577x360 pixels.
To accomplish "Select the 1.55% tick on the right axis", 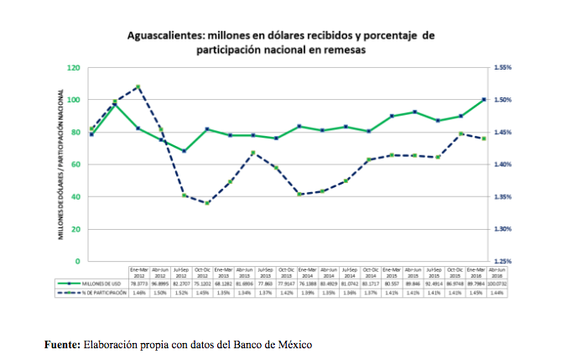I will coord(503,67).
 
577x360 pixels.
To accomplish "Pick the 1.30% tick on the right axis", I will coord(503,229).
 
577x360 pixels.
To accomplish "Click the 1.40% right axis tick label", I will coord(503,164).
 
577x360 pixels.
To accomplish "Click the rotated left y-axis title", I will coord(61,164).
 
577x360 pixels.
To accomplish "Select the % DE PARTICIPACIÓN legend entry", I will coord(93,294).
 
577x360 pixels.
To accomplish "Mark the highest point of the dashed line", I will coord(138,86).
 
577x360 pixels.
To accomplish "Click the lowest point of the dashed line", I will coord(207,203).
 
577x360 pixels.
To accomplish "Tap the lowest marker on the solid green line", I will coord(184,151).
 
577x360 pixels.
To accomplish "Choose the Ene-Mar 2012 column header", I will coord(138,272).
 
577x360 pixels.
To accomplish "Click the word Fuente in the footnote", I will coord(65,344).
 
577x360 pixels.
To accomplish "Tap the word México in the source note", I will coord(290,344).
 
